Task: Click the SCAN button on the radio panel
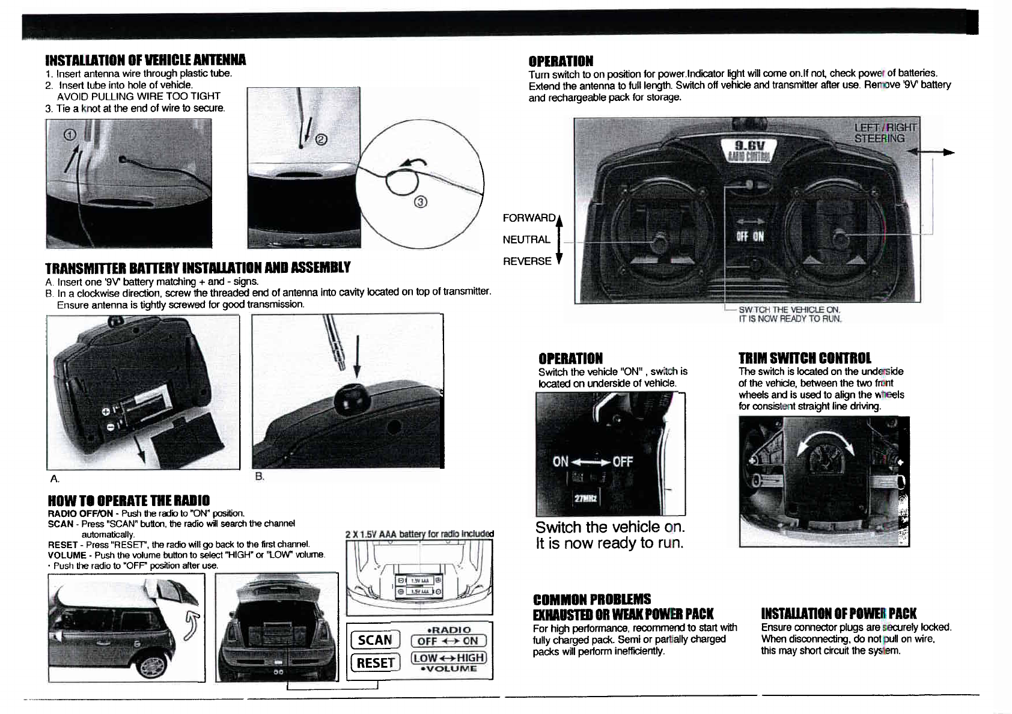tap(374, 639)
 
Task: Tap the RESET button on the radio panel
tap(375, 662)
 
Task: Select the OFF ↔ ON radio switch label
tap(448, 641)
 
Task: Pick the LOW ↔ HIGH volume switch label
tap(448, 658)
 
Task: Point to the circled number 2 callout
tap(321, 140)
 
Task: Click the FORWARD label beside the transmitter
tap(529, 218)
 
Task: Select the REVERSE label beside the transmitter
tap(527, 261)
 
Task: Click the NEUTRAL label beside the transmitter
tap(526, 239)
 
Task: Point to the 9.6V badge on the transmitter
tap(748, 147)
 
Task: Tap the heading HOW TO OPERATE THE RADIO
tap(129, 501)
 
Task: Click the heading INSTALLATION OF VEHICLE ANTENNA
tap(145, 60)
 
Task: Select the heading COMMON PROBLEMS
tap(591, 599)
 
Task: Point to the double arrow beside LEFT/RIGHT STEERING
tap(931, 153)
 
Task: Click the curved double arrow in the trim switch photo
tap(825, 453)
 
